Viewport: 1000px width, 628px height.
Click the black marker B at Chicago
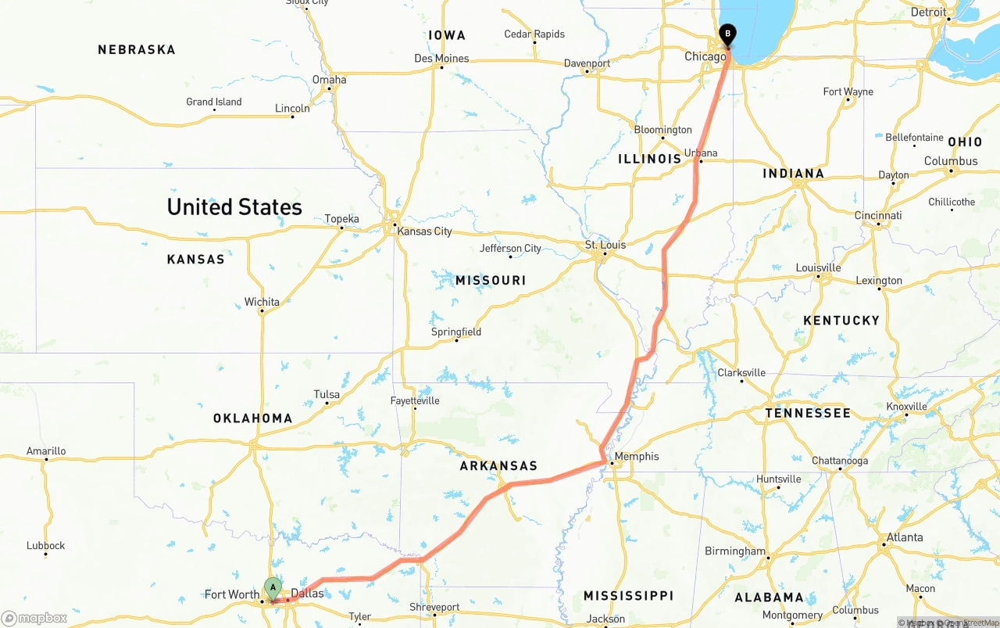(x=727, y=34)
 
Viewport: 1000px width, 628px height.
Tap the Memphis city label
(x=636, y=456)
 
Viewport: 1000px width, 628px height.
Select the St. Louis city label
(x=605, y=245)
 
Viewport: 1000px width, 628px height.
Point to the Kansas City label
(x=424, y=231)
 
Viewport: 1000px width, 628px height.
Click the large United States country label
(x=234, y=207)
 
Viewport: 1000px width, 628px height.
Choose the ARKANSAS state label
(x=498, y=465)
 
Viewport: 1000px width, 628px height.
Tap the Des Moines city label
(x=441, y=58)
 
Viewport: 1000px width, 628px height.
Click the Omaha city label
(x=329, y=79)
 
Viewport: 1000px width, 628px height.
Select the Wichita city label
(x=262, y=301)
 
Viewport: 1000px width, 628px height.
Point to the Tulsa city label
(x=327, y=394)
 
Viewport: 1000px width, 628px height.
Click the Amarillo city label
(x=46, y=450)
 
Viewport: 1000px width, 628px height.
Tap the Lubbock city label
(x=45, y=545)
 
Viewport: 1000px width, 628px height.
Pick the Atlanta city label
(x=904, y=537)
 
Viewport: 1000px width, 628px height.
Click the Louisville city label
(x=818, y=267)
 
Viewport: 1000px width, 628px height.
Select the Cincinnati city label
(x=878, y=215)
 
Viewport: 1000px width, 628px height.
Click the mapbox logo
(x=34, y=618)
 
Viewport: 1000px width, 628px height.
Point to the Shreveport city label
(x=434, y=607)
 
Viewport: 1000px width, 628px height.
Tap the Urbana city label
(x=700, y=153)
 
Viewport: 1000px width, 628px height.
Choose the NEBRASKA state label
(x=137, y=49)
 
